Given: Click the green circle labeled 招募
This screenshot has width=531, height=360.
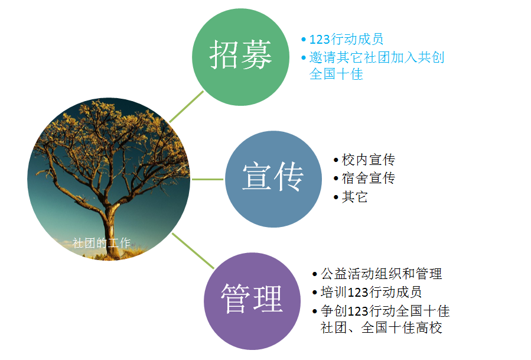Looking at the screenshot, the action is click(x=240, y=57).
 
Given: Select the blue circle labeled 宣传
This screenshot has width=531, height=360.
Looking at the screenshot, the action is click(x=273, y=179).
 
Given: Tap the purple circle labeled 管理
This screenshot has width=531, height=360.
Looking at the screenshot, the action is click(x=252, y=301).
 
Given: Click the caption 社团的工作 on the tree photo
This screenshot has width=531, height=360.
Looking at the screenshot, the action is click(x=101, y=243).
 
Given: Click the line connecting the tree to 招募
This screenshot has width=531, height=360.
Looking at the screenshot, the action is click(x=186, y=106).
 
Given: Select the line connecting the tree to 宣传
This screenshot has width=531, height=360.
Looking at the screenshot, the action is click(x=207, y=179).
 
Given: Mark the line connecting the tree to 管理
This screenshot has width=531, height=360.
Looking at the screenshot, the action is click(x=193, y=251).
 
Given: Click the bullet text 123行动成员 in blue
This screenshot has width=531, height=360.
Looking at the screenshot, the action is click(x=346, y=39).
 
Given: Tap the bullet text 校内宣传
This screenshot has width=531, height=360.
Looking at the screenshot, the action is click(x=369, y=160).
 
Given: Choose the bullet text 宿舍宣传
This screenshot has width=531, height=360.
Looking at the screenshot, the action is click(x=369, y=178).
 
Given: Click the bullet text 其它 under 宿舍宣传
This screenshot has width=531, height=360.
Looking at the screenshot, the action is click(x=354, y=197).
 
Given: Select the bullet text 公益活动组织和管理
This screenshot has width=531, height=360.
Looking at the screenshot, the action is click(x=382, y=274).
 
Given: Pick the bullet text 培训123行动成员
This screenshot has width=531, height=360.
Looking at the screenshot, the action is click(x=371, y=292).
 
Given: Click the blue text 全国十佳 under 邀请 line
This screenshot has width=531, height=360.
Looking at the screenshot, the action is click(x=336, y=74).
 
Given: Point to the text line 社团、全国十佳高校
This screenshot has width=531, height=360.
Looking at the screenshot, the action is click(x=382, y=327).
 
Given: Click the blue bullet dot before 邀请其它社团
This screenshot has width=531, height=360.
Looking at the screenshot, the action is click(x=304, y=57).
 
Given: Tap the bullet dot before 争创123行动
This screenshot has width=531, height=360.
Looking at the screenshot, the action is click(x=315, y=311).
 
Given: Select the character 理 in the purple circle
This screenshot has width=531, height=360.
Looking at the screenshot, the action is click(x=268, y=299).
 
